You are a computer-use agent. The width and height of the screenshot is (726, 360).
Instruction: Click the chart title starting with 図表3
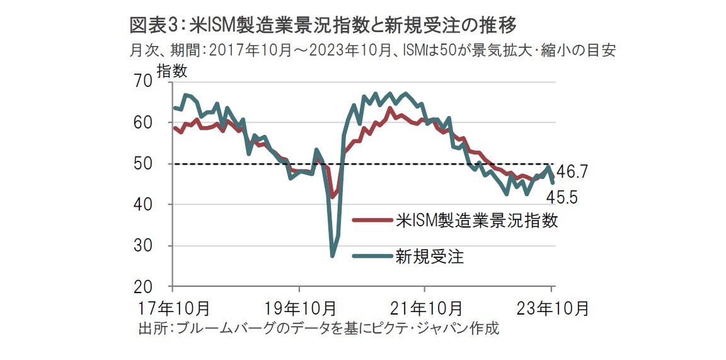323,25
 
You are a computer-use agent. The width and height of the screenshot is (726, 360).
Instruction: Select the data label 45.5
562,198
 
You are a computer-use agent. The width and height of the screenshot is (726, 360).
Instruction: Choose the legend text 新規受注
430,256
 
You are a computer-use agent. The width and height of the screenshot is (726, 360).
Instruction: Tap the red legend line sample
372,221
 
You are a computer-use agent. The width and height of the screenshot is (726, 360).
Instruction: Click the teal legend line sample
372,256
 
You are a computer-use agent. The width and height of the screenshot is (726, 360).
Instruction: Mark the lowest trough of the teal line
332,255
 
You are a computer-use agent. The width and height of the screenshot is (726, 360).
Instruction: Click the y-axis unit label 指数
171,71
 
